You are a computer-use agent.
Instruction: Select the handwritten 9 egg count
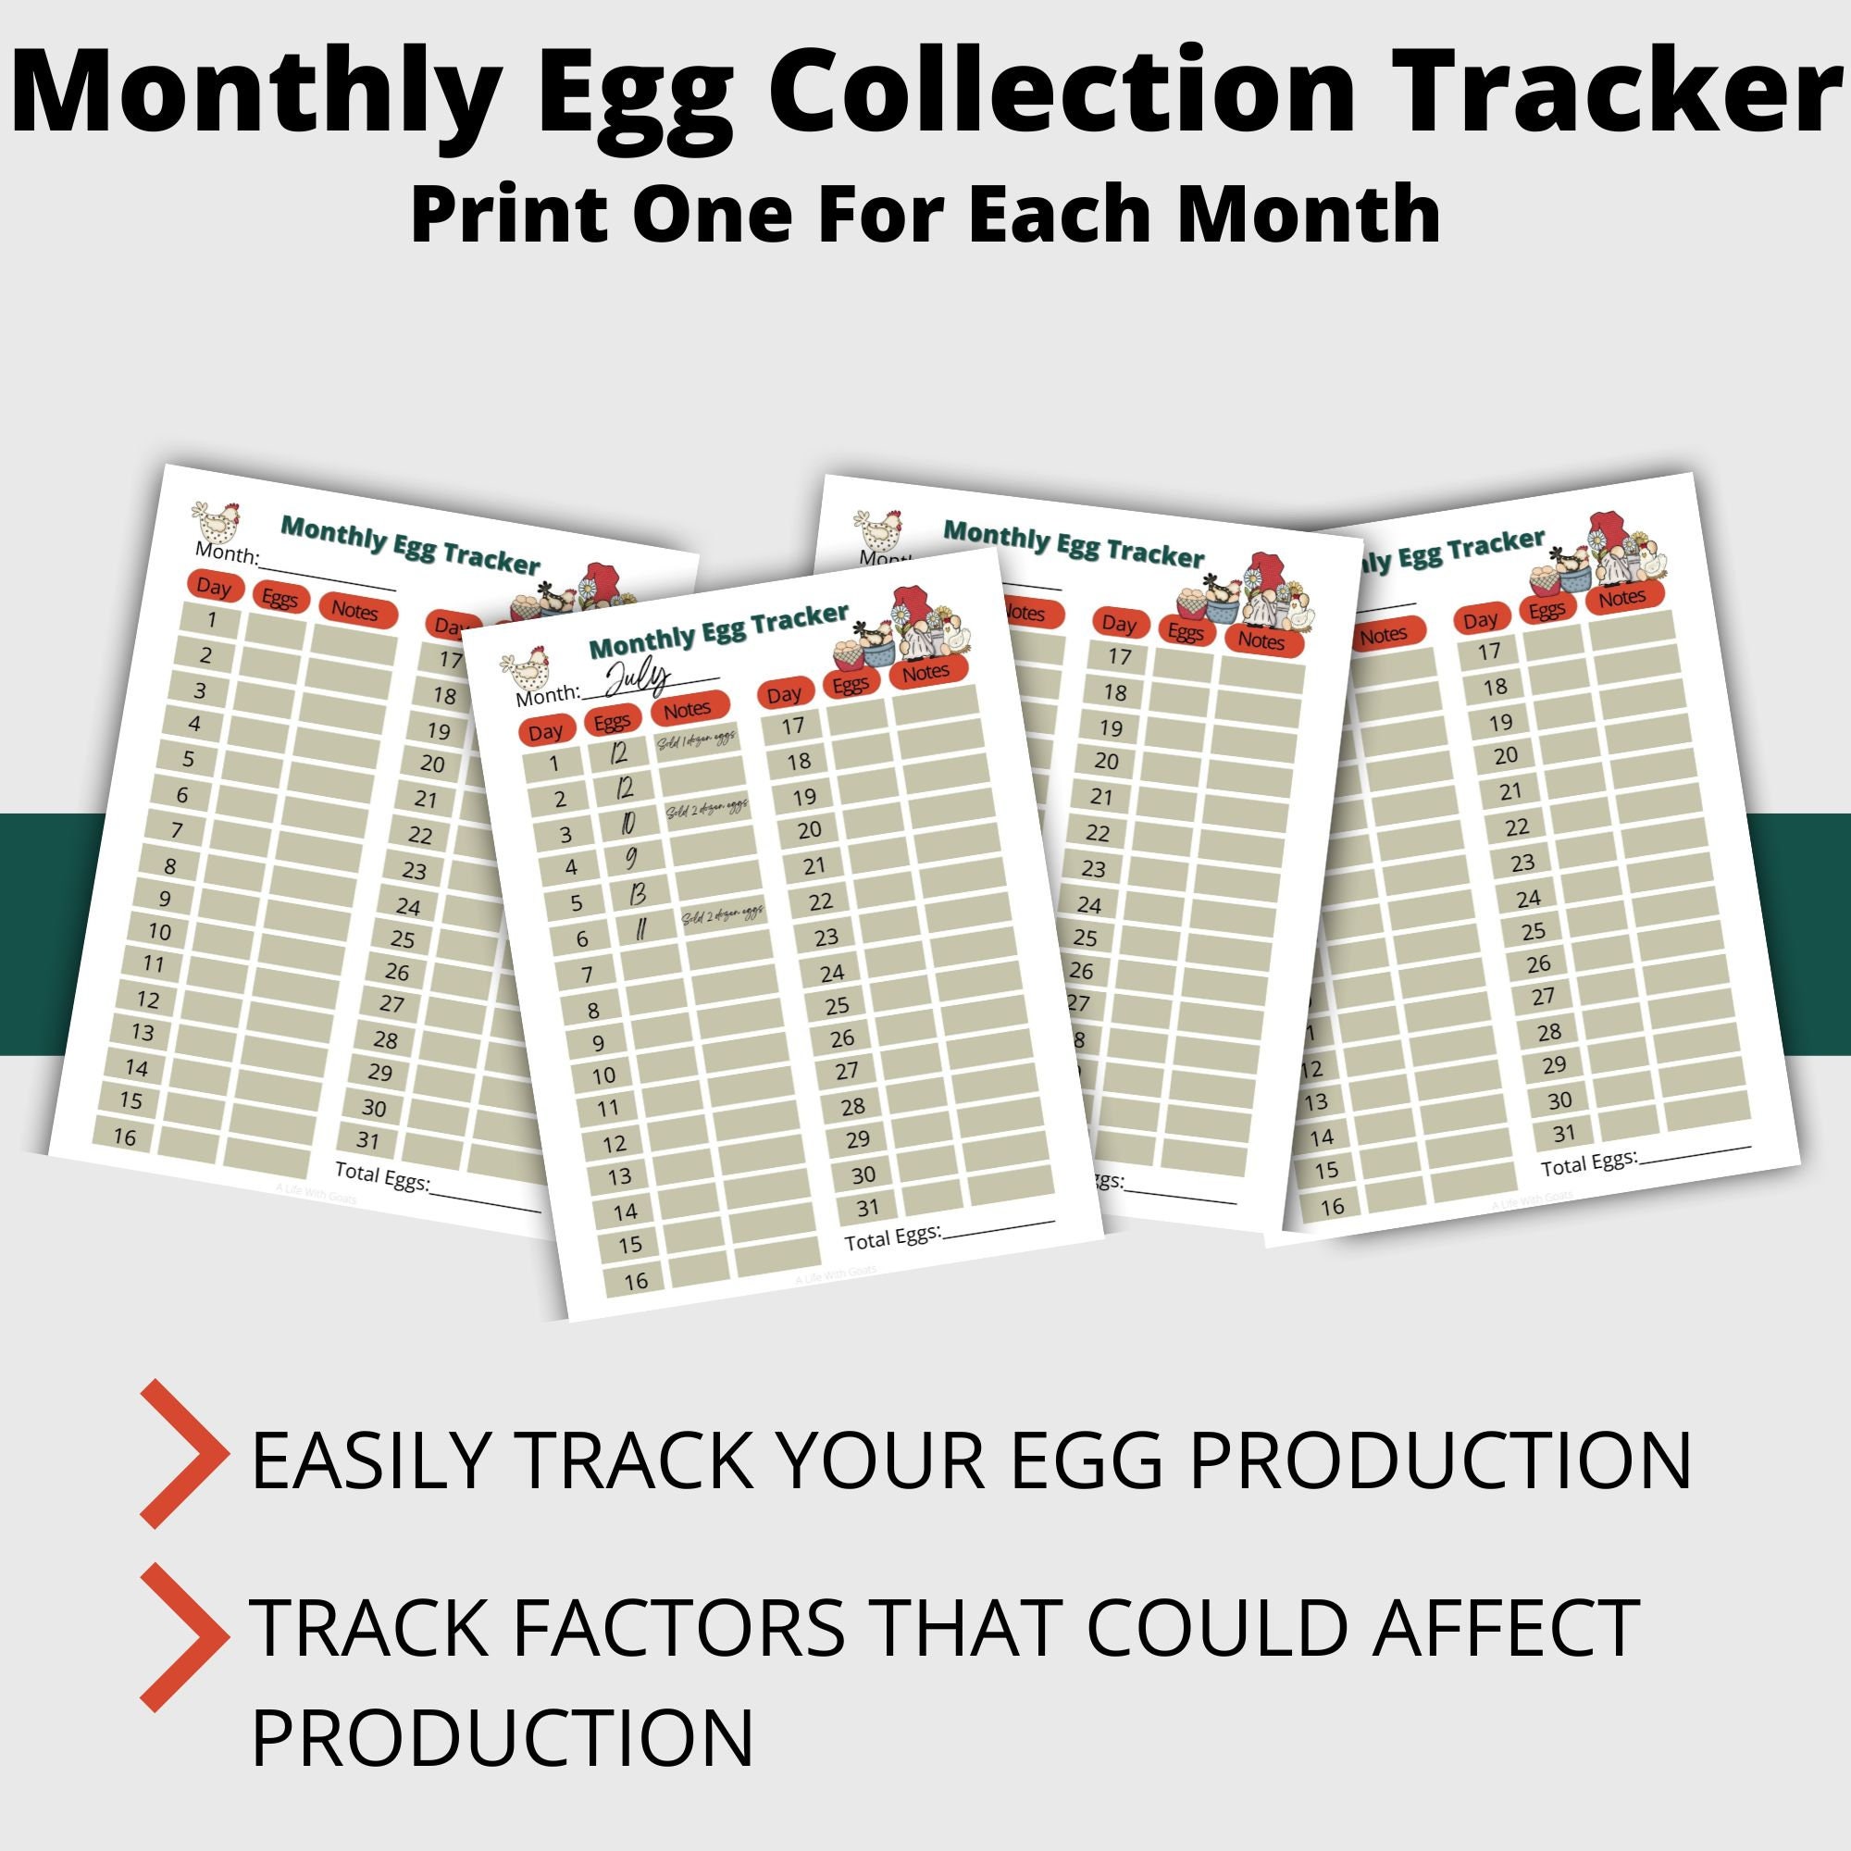pos(630,855)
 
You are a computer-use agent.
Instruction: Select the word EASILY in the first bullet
pos(373,1460)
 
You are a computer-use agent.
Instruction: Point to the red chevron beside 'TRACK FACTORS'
pos(182,1638)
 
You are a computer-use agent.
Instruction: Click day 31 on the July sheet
pos(868,1208)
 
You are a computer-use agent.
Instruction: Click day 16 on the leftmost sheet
pos(126,1137)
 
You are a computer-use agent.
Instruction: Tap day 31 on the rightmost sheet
pos(1563,1134)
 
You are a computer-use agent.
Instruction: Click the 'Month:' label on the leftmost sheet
pos(227,553)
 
